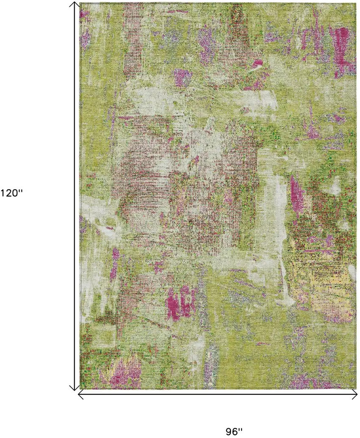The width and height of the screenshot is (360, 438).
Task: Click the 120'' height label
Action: click(11, 193)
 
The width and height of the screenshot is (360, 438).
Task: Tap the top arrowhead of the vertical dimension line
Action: click(75, 4)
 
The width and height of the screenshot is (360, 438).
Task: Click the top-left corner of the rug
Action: click(80, 3)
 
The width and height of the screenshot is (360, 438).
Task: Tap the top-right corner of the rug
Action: click(355, 3)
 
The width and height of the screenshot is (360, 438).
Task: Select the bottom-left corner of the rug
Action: click(80, 388)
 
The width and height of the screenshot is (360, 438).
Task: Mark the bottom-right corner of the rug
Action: click(355, 388)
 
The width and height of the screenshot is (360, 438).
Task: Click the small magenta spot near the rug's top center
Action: click(257, 64)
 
